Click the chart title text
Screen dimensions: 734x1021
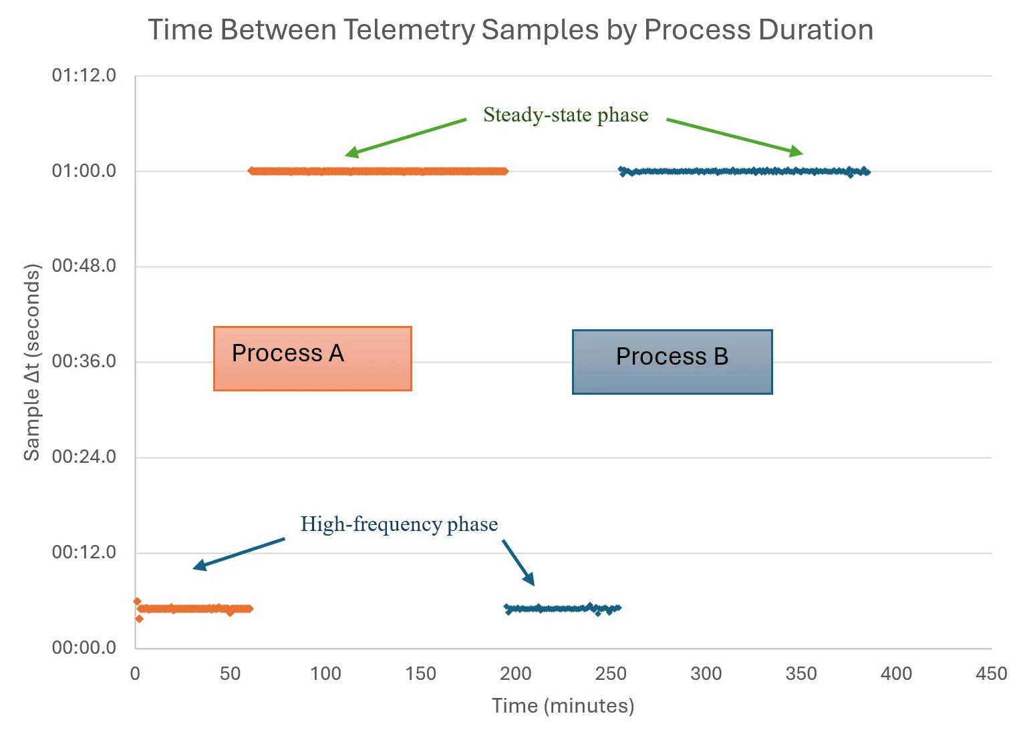510,30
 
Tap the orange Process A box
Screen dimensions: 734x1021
312,358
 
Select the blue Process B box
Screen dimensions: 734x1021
672,361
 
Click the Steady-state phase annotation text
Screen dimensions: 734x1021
565,115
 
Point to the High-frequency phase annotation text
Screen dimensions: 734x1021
399,524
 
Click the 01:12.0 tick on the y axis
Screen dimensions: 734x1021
84,75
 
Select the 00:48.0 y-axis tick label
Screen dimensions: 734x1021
84,266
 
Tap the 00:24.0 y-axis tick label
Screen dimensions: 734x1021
84,457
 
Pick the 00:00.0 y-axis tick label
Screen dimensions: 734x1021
84,647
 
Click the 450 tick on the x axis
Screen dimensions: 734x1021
991,673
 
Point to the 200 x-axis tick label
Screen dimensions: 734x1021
516,673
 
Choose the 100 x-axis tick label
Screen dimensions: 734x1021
325,673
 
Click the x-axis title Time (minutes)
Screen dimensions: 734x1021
563,706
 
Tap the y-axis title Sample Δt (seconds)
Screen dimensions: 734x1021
32,362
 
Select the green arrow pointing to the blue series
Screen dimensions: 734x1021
734,136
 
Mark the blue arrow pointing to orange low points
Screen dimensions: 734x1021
239,554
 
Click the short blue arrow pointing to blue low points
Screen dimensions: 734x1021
519,562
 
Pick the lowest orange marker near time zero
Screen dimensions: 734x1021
139,618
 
